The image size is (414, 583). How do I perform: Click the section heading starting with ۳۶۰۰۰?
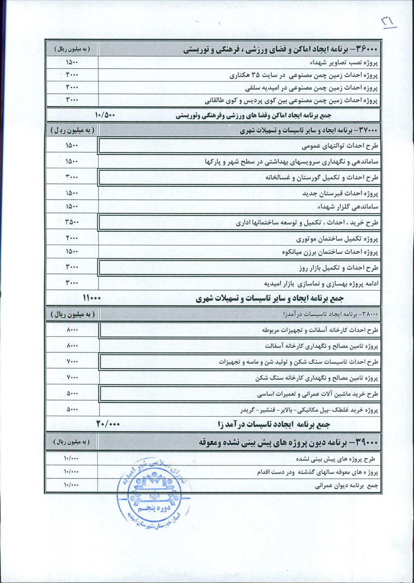281,49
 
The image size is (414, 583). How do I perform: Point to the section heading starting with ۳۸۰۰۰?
331,314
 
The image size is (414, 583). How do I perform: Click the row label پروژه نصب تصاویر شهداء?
344,63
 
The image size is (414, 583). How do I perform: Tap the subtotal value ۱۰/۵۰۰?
105,115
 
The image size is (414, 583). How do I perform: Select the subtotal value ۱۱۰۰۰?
92,298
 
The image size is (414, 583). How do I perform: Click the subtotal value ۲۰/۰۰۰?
108,424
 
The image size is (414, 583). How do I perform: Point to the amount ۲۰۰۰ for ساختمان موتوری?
72,238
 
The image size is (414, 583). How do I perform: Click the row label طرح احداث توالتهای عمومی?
340,145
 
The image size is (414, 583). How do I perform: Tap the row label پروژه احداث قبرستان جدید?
340,193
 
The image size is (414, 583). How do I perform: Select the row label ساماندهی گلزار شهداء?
348,207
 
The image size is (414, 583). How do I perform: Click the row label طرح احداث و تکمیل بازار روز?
338,267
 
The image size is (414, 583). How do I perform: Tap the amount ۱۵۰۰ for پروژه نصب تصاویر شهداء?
72,62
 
